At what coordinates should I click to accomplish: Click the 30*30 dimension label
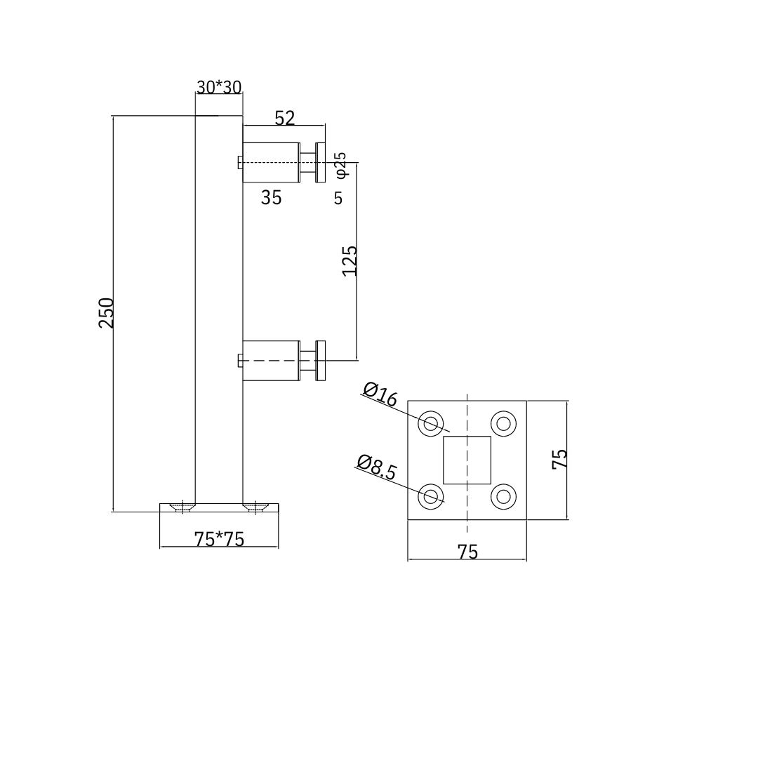[219, 87]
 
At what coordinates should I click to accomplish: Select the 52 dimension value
[284, 118]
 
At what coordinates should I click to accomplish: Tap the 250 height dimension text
[106, 313]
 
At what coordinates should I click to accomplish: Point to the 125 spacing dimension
[350, 260]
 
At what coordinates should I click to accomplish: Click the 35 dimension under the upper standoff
[271, 198]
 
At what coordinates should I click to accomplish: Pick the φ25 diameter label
[340, 164]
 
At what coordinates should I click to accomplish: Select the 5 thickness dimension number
[338, 199]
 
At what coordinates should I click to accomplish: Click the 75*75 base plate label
[219, 539]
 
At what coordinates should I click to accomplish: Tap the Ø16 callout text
[380, 394]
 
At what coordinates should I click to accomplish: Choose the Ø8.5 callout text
[376, 467]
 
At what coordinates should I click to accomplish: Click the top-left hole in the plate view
[431, 423]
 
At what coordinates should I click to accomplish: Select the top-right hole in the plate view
[503, 423]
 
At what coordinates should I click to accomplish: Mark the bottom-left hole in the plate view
[431, 497]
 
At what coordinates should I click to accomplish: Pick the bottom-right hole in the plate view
[503, 497]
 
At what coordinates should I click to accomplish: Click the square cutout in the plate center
[467, 460]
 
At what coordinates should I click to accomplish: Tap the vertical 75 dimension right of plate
[559, 459]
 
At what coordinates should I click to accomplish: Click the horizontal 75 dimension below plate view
[467, 552]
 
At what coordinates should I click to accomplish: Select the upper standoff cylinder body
[271, 162]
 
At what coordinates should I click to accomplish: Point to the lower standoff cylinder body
[271, 360]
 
